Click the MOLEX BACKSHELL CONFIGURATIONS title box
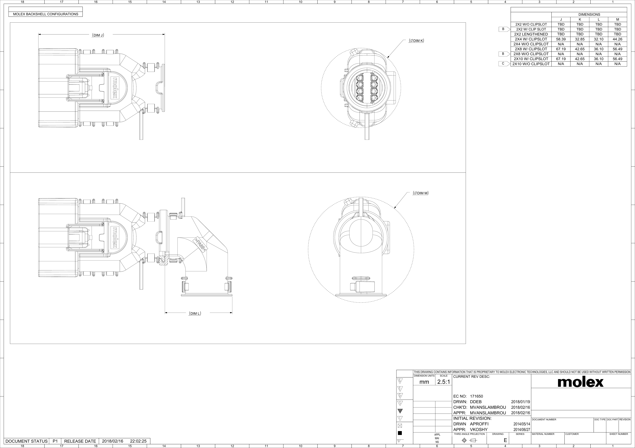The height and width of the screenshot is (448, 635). [46, 14]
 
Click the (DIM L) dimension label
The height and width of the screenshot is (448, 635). [195, 314]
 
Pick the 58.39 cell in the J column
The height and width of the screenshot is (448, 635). [561, 39]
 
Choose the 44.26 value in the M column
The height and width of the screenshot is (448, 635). [617, 39]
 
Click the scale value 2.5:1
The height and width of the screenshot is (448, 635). [444, 382]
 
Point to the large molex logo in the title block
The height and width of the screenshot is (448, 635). [580, 382]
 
